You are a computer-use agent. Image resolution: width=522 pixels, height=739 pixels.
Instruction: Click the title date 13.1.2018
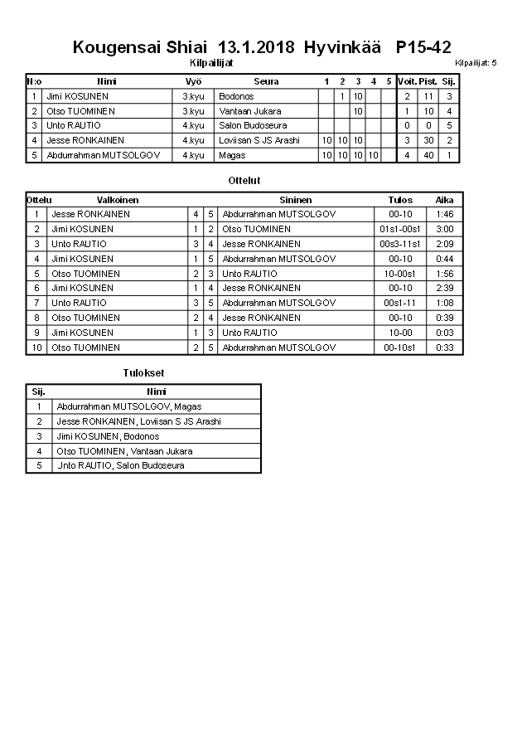click(256, 46)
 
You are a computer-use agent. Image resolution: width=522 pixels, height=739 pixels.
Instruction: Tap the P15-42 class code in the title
click(424, 46)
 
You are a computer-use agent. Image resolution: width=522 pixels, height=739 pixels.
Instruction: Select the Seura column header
click(266, 81)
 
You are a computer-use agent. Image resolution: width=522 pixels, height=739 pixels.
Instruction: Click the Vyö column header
click(193, 81)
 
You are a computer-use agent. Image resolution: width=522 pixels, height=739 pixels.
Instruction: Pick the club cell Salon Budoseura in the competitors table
click(253, 125)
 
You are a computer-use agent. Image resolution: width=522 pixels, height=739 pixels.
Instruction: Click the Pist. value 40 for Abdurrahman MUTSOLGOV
click(428, 155)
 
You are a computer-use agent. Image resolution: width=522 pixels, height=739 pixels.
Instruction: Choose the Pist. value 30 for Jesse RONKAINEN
click(428, 140)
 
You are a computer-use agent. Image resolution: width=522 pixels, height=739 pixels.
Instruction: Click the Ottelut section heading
click(244, 180)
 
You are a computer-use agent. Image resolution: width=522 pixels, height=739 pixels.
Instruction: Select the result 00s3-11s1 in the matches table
click(400, 244)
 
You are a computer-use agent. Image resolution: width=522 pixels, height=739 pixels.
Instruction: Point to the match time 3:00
click(444, 229)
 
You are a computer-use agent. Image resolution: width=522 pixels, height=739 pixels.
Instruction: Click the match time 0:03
click(444, 333)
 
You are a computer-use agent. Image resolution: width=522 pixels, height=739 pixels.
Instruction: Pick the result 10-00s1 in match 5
click(400, 274)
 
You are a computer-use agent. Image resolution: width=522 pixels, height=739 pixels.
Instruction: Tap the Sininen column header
click(296, 200)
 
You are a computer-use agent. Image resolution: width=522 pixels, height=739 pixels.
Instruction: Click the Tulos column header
click(400, 200)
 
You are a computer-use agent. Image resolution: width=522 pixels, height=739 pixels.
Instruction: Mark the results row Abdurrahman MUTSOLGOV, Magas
click(128, 406)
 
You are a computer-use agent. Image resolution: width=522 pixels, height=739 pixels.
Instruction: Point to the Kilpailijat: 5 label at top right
click(476, 63)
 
